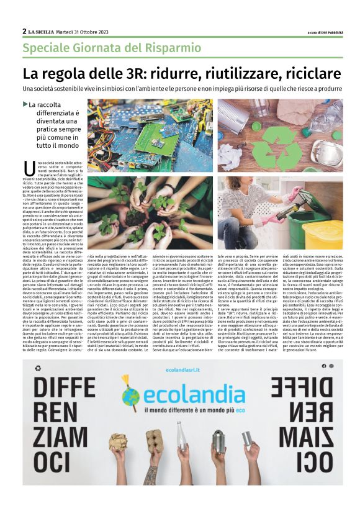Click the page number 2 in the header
[x=25, y=31]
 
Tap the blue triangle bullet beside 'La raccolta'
[x=25, y=104]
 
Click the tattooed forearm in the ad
[x=150, y=475]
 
